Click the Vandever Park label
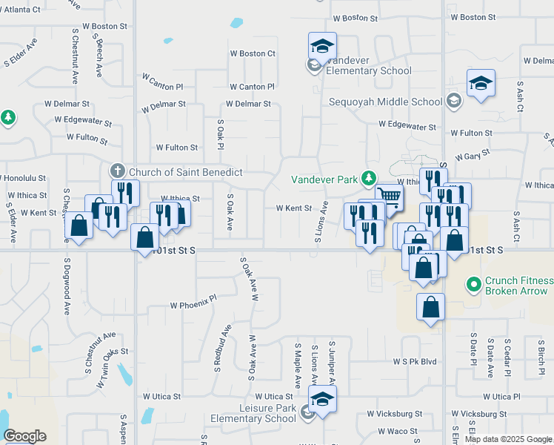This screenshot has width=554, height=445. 323,179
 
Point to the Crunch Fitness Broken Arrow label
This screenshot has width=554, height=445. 518,286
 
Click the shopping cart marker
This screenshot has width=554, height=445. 389,197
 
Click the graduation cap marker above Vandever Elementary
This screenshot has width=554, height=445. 322,46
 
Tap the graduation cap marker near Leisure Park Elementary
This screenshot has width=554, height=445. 322,399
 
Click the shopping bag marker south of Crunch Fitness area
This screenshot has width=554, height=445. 430,306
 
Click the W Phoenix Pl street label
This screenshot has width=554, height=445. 193,305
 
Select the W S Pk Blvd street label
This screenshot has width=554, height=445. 415,362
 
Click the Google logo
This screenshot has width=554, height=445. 24,435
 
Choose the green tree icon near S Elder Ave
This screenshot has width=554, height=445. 8,118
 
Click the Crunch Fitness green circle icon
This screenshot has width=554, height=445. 473,283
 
